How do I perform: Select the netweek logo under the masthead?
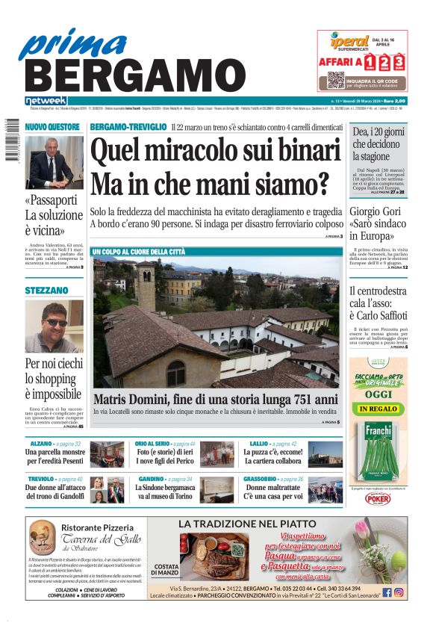(46, 101)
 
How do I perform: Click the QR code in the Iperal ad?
(335, 80)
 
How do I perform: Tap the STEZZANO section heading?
(46, 289)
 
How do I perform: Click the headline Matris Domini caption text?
(215, 399)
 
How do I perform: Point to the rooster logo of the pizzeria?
(42, 537)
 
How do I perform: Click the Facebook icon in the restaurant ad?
(387, 592)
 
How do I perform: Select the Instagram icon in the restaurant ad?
(399, 592)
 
